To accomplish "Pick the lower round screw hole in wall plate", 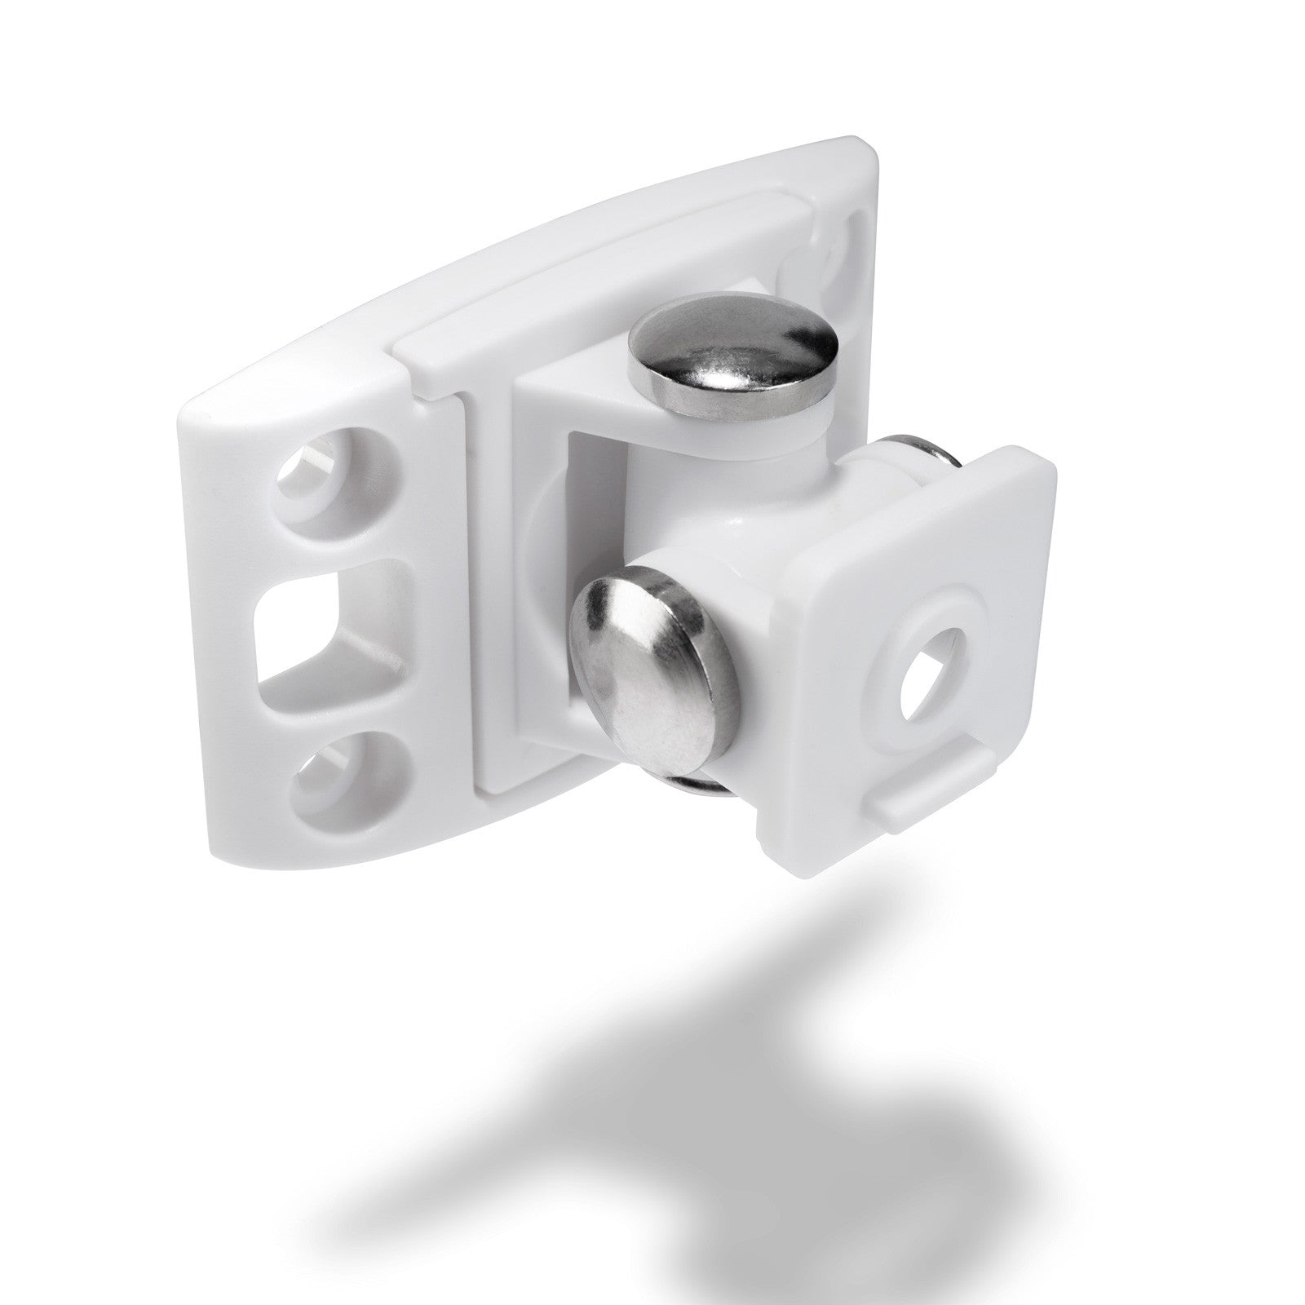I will [326, 763].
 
